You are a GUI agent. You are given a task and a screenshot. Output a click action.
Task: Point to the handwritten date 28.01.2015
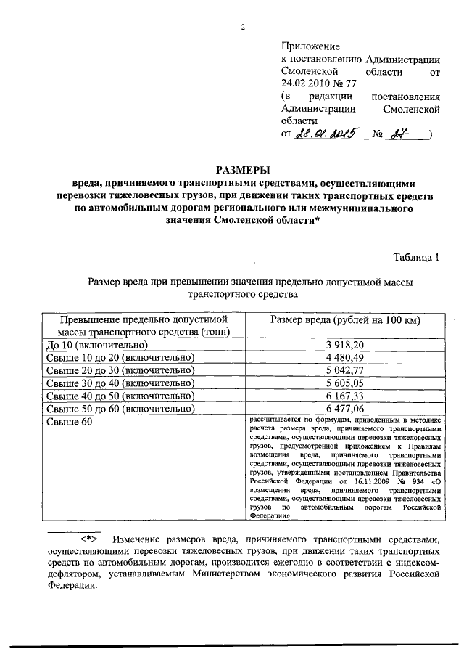pyautogui.click(x=329, y=134)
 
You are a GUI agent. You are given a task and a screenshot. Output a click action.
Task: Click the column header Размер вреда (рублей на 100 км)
pyautogui.click(x=345, y=320)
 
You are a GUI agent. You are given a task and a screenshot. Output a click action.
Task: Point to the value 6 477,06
pyautogui.click(x=345, y=408)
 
